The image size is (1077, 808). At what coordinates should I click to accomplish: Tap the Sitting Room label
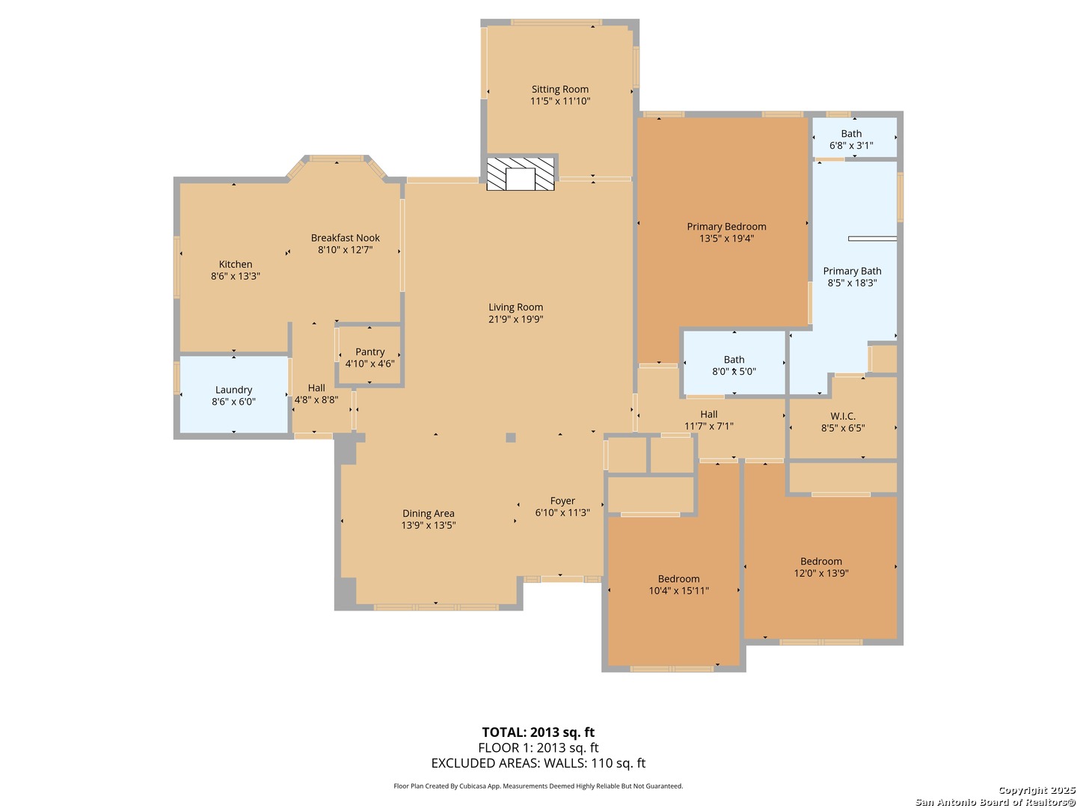pos(560,89)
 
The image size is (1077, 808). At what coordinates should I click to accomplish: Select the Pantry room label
pos(369,352)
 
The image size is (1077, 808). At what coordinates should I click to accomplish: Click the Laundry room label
pos(233,390)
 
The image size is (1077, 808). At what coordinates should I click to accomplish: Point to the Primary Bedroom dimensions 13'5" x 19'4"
pos(726,239)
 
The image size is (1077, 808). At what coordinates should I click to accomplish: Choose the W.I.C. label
pos(843,416)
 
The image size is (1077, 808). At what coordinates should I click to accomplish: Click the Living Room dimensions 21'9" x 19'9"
pos(515,319)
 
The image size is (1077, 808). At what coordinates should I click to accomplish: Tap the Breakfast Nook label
pos(346,238)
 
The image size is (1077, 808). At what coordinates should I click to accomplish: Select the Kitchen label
pos(236,264)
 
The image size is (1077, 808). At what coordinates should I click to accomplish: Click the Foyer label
pos(562,501)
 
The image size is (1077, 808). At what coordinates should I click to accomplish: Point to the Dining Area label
pos(428,513)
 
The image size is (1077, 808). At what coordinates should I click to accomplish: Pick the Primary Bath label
pos(852,271)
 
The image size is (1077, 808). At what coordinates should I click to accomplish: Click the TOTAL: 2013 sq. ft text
pos(538,732)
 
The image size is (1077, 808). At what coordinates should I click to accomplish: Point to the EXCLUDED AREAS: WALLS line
pos(538,763)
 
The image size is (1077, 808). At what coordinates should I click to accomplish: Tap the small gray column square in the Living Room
pos(511,438)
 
